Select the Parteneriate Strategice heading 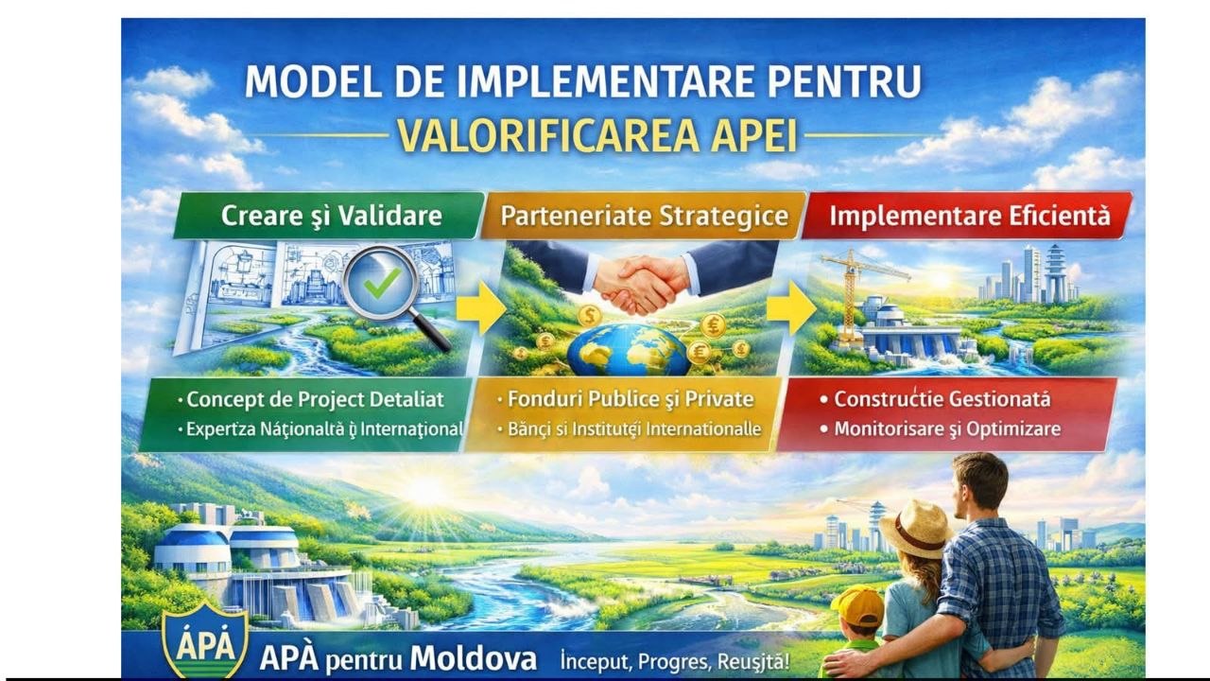click(644, 216)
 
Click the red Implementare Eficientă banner click(967, 215)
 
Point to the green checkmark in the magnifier click(382, 284)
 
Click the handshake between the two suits click(642, 285)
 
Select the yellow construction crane click(854, 294)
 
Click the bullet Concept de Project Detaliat click(311, 400)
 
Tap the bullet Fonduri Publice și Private click(626, 399)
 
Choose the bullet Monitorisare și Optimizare click(941, 429)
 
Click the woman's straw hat click(916, 528)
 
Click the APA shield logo click(205, 640)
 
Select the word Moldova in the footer click(474, 659)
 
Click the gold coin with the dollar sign click(589, 315)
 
